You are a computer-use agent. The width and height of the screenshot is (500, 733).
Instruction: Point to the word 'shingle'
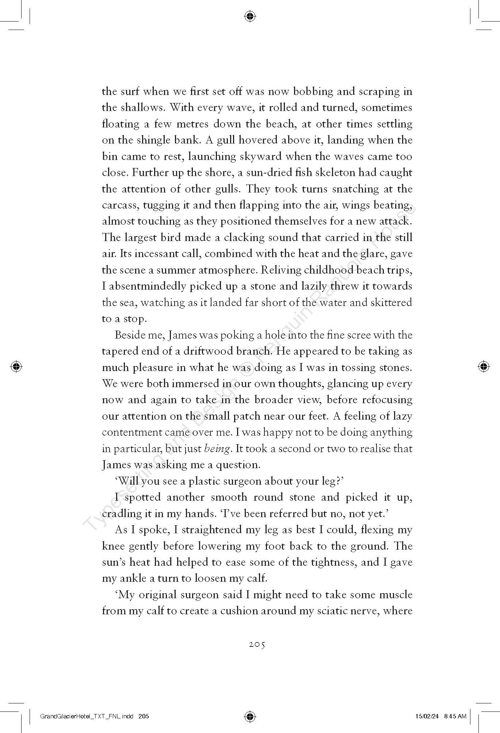[152, 140]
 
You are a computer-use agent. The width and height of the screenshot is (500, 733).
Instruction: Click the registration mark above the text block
[250, 16]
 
